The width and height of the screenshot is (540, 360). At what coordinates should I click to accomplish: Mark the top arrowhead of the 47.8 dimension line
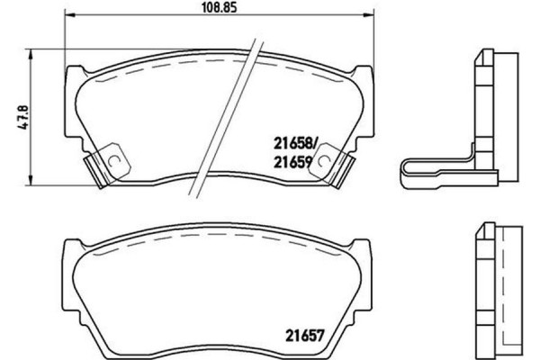[x=34, y=52]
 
